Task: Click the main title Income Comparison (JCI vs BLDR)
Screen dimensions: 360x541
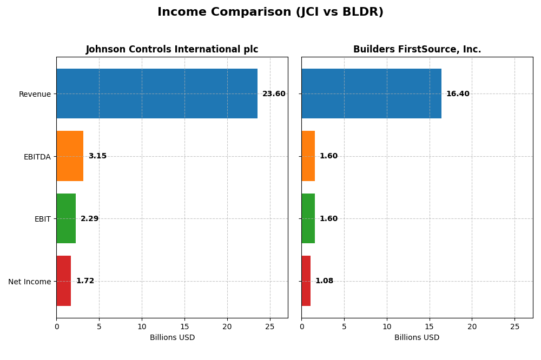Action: point(270,12)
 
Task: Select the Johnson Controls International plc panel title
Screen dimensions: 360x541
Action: point(172,49)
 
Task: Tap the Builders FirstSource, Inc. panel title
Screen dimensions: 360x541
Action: point(417,49)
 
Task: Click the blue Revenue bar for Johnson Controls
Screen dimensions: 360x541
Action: point(157,94)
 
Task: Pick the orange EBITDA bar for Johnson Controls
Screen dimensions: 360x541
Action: point(70,156)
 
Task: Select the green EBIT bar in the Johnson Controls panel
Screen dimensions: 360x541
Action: point(66,218)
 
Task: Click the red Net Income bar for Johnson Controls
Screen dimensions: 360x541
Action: point(64,281)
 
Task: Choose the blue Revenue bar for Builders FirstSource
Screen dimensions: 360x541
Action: point(371,94)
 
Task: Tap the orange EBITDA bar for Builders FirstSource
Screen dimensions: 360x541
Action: point(308,156)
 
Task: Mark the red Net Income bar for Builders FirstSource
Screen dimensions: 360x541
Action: point(306,281)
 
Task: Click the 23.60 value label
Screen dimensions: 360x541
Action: point(274,94)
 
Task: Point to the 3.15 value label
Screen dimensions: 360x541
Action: point(97,156)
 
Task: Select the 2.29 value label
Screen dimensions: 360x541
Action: point(90,219)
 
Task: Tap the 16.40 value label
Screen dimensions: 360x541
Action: point(458,94)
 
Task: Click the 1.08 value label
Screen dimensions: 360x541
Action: point(324,281)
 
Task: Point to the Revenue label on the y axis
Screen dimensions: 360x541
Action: point(35,94)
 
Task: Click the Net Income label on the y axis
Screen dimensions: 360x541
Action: point(29,282)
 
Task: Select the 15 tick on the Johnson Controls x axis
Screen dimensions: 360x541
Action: point(184,326)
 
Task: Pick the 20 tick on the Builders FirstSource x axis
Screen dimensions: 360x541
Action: point(472,326)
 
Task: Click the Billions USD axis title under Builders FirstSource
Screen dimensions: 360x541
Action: point(417,338)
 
